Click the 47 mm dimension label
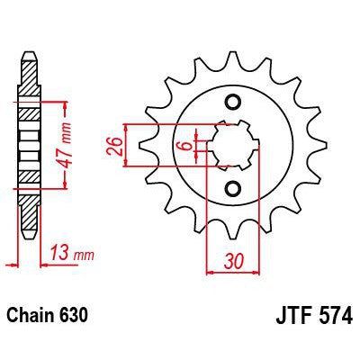pyautogui.click(x=66, y=145)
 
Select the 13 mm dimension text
pyautogui.click(x=72, y=253)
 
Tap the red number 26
pyautogui.click(x=114, y=147)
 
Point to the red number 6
pyautogui.click(x=187, y=146)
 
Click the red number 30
pyautogui.click(x=233, y=262)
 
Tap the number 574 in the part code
pyautogui.click(x=336, y=315)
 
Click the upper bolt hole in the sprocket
pyautogui.click(x=233, y=103)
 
